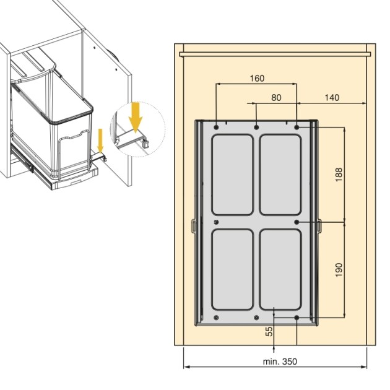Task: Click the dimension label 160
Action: [x=257, y=78]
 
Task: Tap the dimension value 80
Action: [x=276, y=97]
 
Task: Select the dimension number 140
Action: [x=332, y=97]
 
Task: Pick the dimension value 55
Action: [x=269, y=332]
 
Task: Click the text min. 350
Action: [x=276, y=360]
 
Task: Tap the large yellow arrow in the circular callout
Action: [x=136, y=115]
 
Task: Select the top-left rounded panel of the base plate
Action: [x=232, y=173]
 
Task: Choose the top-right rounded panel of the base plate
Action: [x=280, y=173]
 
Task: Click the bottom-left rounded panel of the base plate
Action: [x=232, y=269]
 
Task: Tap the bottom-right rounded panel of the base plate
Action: [x=280, y=269]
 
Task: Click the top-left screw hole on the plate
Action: [x=216, y=126]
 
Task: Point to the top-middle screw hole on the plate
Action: [x=256, y=126]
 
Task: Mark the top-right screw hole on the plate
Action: [x=297, y=126]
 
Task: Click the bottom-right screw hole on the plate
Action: [x=297, y=318]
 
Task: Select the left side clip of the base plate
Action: [x=193, y=225]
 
